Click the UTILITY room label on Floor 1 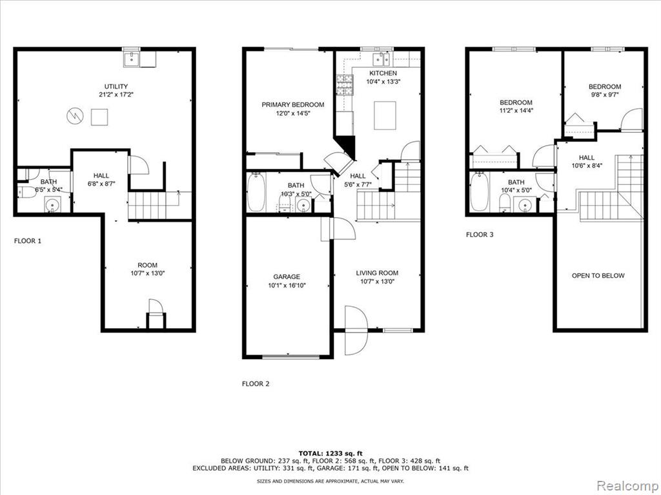click(x=116, y=87)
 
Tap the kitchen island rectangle click(x=385, y=115)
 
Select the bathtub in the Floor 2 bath click(x=256, y=192)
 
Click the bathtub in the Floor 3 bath click(x=480, y=191)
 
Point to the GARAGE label click(x=287, y=277)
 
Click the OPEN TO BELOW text click(x=598, y=276)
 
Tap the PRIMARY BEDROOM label click(x=293, y=104)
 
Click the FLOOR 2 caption click(x=256, y=384)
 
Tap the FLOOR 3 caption click(x=480, y=235)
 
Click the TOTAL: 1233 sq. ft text click(x=330, y=453)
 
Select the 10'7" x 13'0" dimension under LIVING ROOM click(x=377, y=282)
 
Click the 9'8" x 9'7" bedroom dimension click(x=605, y=95)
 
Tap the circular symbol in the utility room click(x=75, y=116)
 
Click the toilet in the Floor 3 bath click(x=504, y=203)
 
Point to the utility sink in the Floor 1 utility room click(x=132, y=59)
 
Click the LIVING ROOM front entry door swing click(x=356, y=330)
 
